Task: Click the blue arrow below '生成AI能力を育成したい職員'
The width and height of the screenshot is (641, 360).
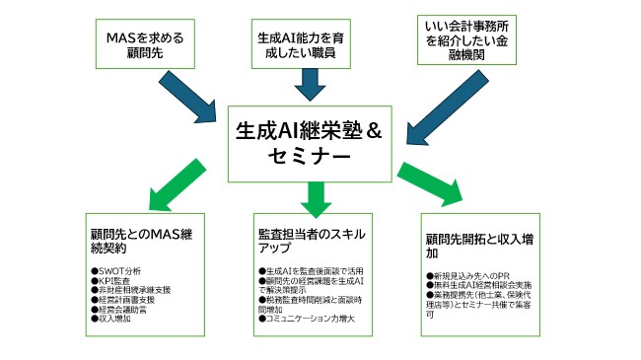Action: coord(312,90)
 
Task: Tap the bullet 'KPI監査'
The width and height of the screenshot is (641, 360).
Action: coord(112,279)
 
